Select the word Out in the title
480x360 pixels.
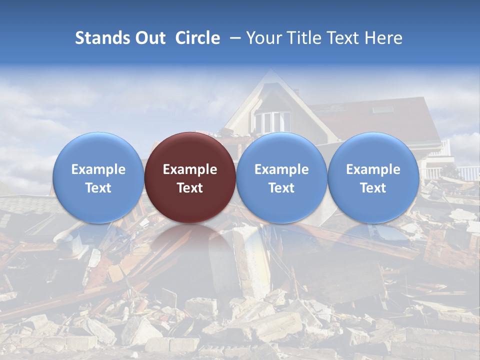pos(150,38)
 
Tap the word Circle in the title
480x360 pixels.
pos(197,38)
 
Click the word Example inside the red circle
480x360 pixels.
pos(190,169)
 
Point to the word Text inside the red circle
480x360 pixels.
pos(190,188)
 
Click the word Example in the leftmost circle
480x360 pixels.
pos(98,169)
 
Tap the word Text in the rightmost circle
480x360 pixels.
pos(373,188)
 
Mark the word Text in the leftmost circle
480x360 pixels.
pos(98,188)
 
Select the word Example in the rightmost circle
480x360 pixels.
pos(373,169)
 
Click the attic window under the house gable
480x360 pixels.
pos(272,122)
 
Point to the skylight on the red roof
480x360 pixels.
pos(382,109)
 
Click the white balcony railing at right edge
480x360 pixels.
pos(467,173)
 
